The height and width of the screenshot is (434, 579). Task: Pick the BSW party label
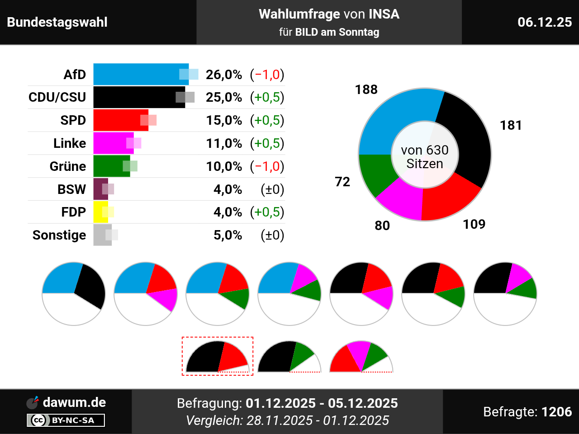click(x=71, y=189)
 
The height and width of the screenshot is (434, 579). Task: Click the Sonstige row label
click(x=59, y=235)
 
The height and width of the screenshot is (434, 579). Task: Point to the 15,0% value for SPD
click(x=224, y=120)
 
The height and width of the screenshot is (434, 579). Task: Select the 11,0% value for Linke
click(x=224, y=143)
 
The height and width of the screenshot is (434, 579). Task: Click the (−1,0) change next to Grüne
click(x=267, y=166)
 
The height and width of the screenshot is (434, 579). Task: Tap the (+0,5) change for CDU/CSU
click(x=267, y=97)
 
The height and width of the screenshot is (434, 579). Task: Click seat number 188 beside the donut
click(x=366, y=90)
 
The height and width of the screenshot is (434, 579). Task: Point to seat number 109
click(x=474, y=224)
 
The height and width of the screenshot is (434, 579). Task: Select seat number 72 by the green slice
click(x=342, y=182)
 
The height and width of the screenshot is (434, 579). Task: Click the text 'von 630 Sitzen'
click(x=425, y=157)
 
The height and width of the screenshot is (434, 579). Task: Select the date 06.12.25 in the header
click(x=545, y=22)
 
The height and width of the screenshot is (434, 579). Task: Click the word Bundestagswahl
click(x=57, y=22)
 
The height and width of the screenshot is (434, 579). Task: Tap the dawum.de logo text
click(x=74, y=402)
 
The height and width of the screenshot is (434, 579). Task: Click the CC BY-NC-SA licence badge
click(x=66, y=420)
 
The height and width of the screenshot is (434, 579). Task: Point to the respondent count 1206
click(x=557, y=412)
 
